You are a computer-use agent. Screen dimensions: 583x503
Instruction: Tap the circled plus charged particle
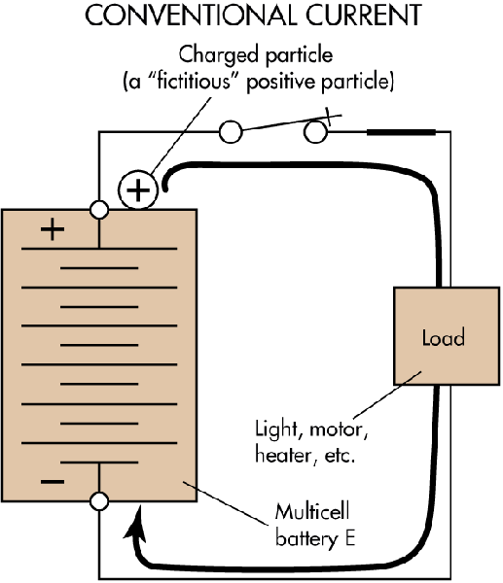click(x=140, y=190)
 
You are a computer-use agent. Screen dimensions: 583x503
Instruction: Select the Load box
click(x=443, y=336)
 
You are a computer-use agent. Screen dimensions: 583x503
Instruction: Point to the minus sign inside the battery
click(x=53, y=481)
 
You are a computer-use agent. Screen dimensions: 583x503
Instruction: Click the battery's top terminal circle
click(x=98, y=209)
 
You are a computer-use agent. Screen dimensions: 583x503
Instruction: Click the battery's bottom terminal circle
click(x=98, y=501)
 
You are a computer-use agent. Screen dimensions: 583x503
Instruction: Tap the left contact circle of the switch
click(x=232, y=132)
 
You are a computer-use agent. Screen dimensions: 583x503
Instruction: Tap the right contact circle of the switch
click(x=314, y=132)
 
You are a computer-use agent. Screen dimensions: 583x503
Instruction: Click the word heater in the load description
click(x=283, y=453)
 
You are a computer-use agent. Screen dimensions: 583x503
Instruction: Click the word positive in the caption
click(x=316, y=83)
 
